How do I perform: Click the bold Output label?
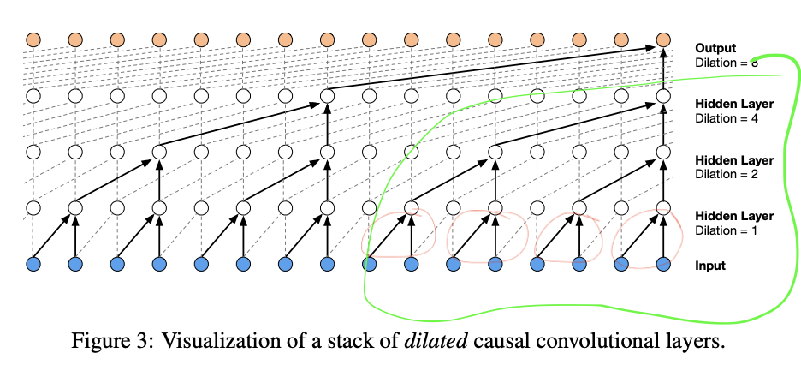click(x=715, y=48)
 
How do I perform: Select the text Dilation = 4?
click(x=726, y=118)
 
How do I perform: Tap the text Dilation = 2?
click(x=726, y=174)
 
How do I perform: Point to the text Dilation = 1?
click(x=726, y=230)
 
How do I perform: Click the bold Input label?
click(x=710, y=266)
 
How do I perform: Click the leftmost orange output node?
click(x=33, y=39)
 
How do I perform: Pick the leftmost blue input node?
click(x=33, y=265)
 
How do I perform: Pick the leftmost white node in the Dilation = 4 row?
click(x=33, y=96)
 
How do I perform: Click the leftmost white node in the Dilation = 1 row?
click(x=33, y=208)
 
